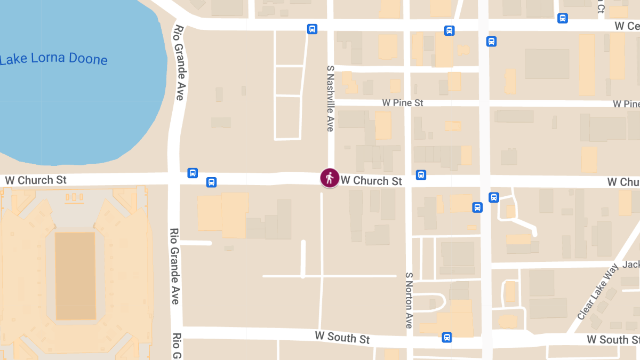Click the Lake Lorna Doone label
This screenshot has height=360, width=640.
[53, 59]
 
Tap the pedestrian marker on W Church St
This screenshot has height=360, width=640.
[330, 178]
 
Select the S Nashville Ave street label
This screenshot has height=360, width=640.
[330, 99]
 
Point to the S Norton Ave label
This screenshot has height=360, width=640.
[409, 300]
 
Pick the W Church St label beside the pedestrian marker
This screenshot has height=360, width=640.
[371, 181]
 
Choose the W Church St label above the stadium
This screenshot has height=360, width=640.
[36, 180]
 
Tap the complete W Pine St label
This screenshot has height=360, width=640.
[403, 102]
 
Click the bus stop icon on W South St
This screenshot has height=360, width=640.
[447, 337]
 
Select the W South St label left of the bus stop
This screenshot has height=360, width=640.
[342, 338]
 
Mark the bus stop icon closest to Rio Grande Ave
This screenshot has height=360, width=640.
[193, 173]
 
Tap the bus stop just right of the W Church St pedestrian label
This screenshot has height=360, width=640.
[421, 174]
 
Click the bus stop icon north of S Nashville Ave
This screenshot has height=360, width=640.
[313, 29]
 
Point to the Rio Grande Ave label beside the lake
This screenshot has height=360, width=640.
[179, 63]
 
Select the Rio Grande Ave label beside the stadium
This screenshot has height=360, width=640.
[174, 267]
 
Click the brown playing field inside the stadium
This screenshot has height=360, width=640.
[75, 276]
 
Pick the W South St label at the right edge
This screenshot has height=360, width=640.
[613, 340]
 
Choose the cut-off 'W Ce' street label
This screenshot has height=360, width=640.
[626, 26]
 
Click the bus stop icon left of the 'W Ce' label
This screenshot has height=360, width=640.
[562, 18]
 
